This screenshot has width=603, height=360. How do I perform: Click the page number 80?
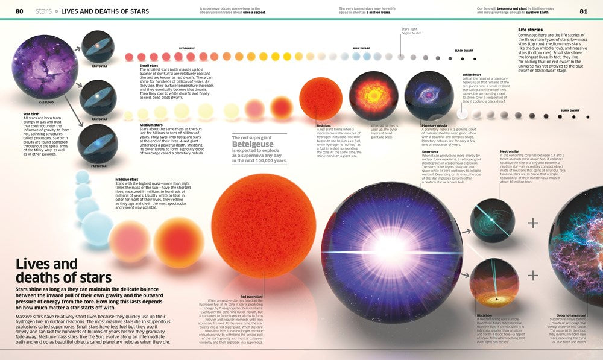click(19, 11)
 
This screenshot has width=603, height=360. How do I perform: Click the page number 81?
click(583, 11)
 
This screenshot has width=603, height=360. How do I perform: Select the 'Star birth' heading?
click(32, 113)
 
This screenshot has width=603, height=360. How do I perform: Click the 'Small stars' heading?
click(150, 65)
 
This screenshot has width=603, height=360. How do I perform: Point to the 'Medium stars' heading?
click(152, 125)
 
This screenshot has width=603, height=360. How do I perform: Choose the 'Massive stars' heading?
click(127, 179)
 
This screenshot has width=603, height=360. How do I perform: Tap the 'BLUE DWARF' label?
click(361, 48)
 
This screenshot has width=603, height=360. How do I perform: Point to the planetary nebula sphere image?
click(429, 96)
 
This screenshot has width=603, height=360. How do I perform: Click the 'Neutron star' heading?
click(510, 151)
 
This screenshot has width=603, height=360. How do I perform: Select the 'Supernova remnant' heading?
click(573, 315)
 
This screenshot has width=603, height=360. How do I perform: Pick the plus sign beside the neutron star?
click(532, 223)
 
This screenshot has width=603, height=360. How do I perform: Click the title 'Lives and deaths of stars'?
click(63, 270)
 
